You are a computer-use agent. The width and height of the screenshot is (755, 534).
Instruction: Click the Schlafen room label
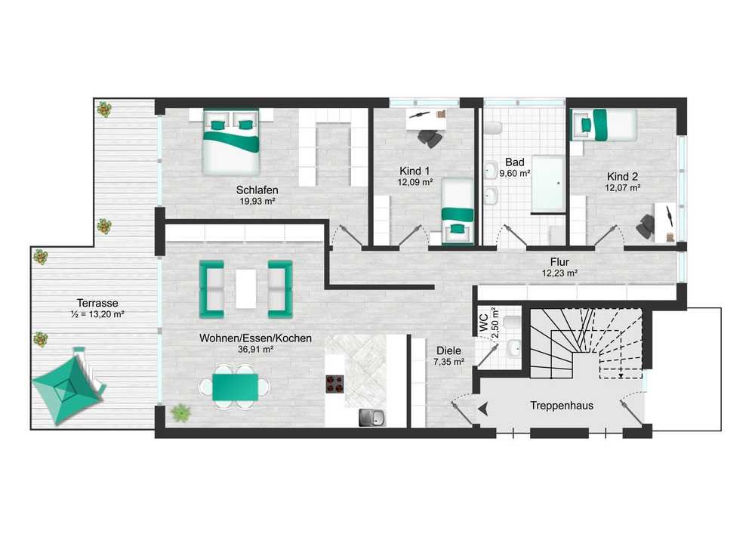257,190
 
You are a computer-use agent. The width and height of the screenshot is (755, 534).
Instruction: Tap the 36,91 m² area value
256,350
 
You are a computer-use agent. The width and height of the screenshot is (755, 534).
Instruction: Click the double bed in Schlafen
231,141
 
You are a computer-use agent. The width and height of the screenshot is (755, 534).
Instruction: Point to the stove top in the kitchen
335,384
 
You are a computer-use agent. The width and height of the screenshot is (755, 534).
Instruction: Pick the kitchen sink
372,418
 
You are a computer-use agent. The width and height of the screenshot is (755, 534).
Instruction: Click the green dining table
235,387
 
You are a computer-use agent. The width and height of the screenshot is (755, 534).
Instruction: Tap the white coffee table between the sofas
246,289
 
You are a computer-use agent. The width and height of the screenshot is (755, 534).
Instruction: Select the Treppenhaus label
562,406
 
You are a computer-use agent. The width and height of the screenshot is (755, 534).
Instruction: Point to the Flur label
559,262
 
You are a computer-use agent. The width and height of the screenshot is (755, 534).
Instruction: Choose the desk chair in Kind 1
430,138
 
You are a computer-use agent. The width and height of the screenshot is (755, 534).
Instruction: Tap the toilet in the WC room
513,322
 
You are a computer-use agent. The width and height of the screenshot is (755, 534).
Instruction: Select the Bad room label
515,162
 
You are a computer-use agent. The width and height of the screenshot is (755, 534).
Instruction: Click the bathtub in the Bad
548,184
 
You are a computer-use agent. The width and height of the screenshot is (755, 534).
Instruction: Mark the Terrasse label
97,304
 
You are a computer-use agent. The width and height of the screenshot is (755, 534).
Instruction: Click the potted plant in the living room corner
180,413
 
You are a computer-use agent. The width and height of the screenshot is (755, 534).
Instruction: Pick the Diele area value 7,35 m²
448,362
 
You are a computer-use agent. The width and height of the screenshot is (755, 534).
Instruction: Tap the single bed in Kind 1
458,211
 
